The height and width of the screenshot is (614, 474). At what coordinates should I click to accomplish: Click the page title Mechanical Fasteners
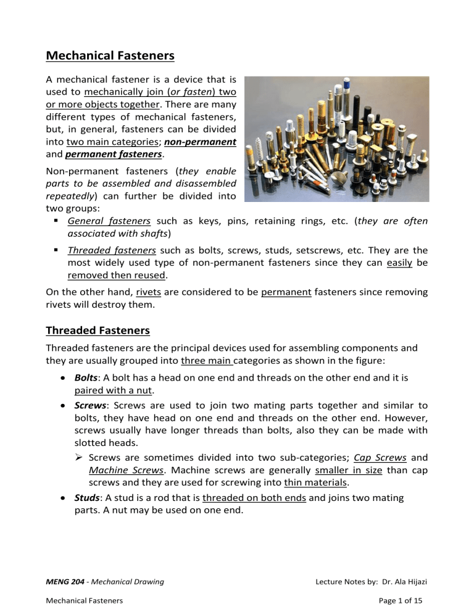point(110,56)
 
